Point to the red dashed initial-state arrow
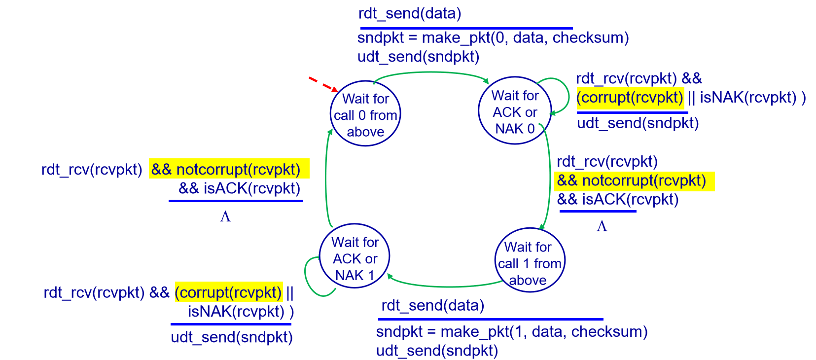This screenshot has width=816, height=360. pos(323,84)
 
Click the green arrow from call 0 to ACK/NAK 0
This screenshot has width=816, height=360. pos(432,72)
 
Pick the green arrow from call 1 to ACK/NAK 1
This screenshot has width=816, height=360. pos(446,287)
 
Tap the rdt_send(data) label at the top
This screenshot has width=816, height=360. pos(410,14)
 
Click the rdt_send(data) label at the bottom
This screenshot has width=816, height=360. pos(433,306)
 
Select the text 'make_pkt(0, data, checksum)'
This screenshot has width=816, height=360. pos(525,38)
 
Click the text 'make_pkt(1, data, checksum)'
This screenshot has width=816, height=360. pos(544,332)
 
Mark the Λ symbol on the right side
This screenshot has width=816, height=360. pos(602,227)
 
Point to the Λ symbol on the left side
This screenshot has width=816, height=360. pos(225,217)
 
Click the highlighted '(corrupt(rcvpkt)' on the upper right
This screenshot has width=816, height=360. pos(630,98)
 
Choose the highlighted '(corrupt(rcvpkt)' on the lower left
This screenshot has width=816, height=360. pos(229,292)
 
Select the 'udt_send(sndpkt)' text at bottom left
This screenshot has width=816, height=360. pos(232,337)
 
